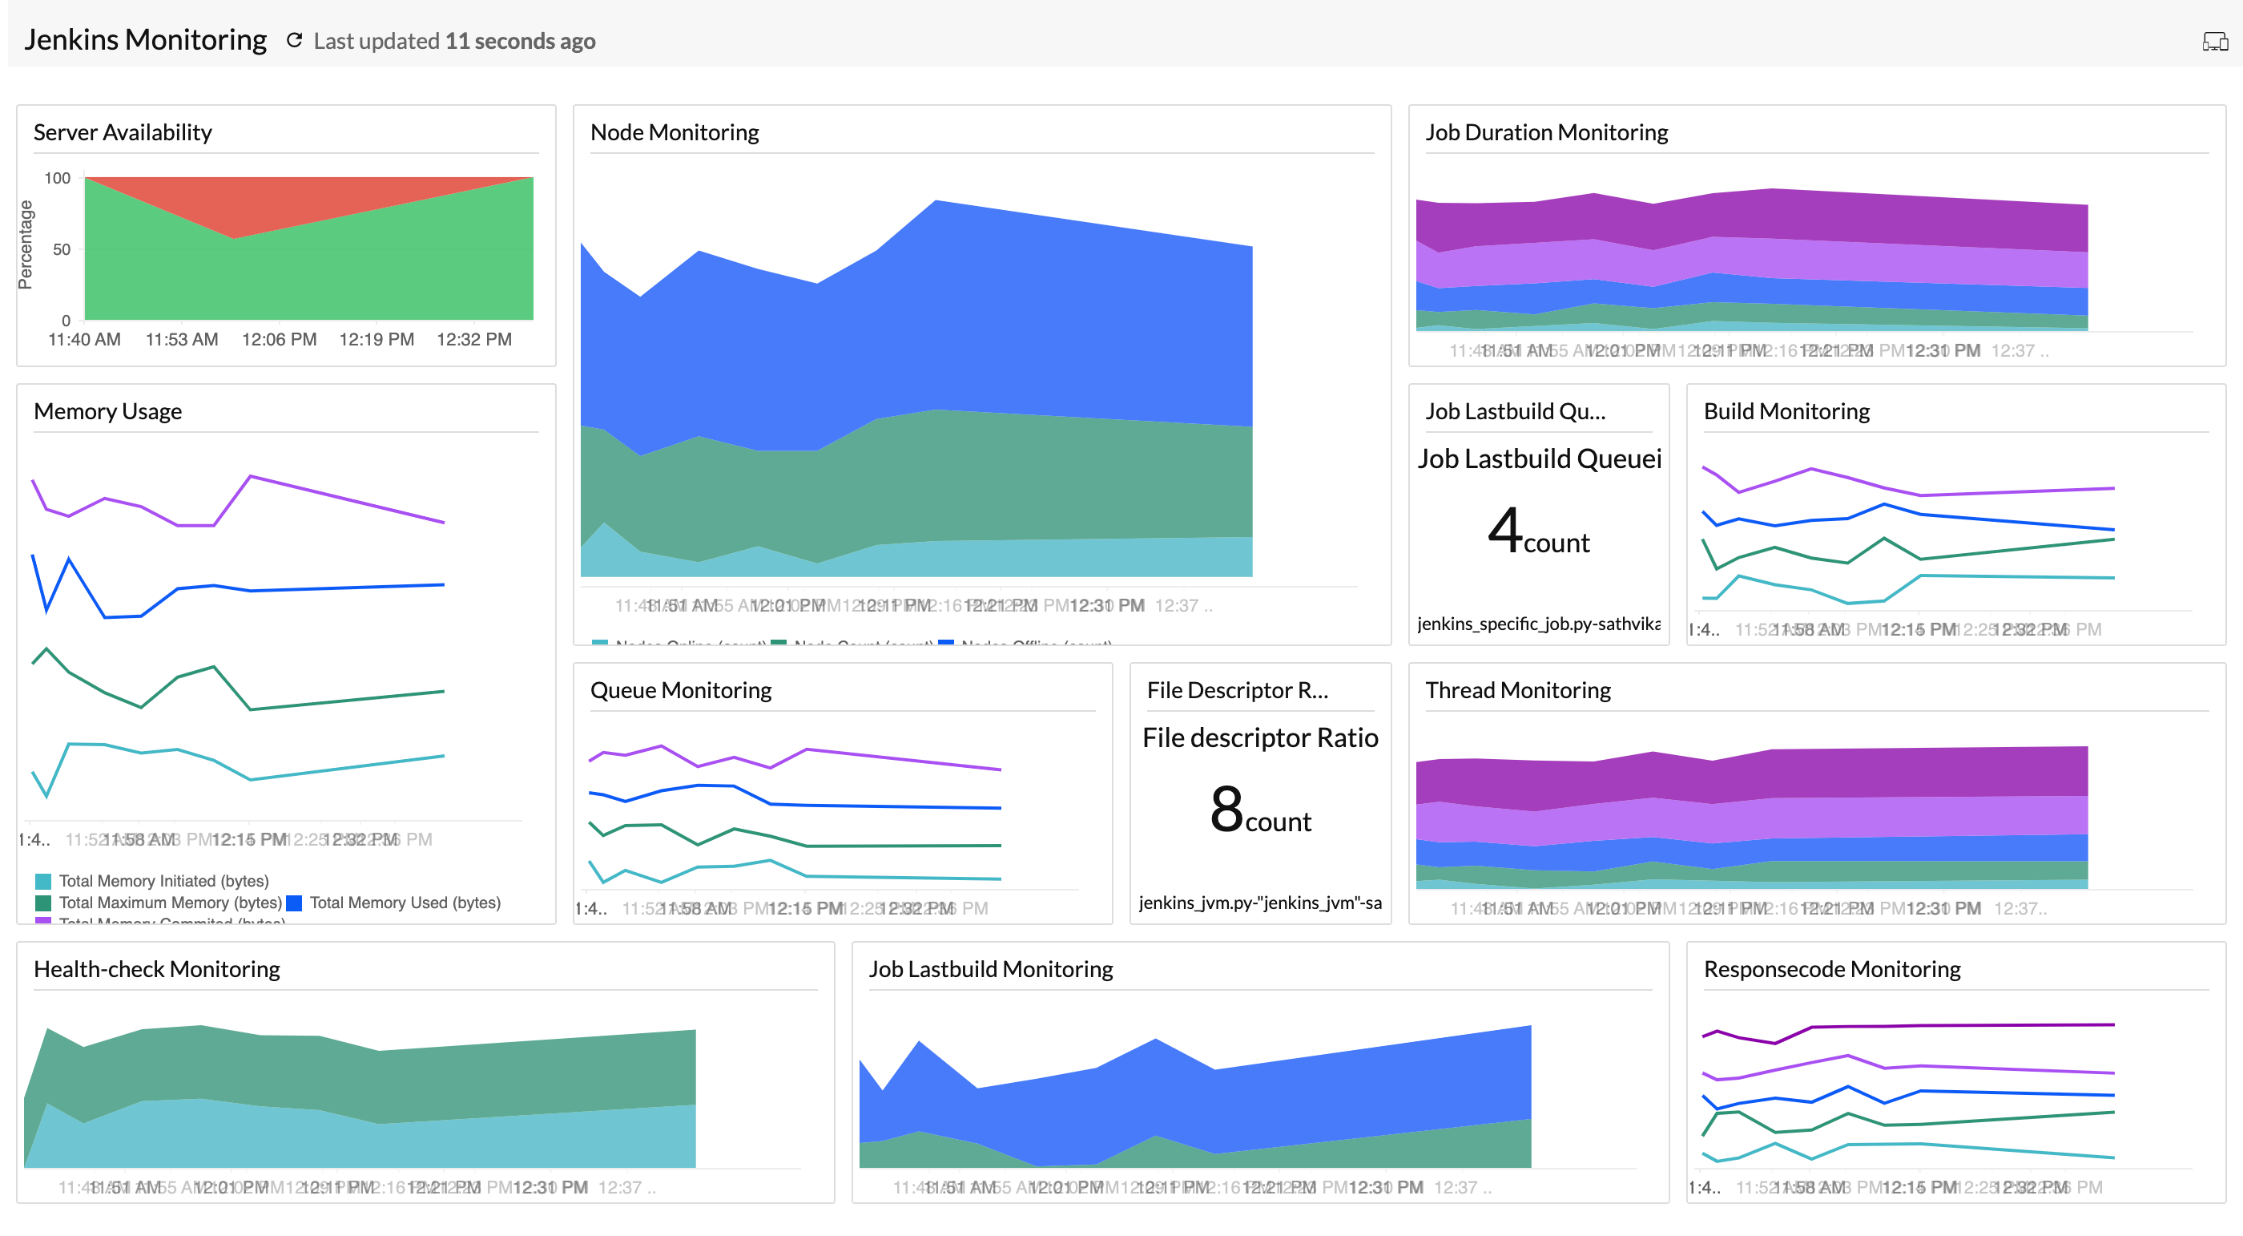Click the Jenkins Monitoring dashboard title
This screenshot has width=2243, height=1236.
[x=146, y=40]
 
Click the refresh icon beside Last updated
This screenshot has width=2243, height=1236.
[x=294, y=40]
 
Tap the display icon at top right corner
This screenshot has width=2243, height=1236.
[x=2214, y=41]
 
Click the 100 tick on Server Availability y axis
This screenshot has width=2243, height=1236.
[x=58, y=178]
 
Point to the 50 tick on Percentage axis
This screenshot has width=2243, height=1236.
[x=61, y=249]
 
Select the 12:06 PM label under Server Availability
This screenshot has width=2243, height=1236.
[x=279, y=340]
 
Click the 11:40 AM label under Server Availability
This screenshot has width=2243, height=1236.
[x=84, y=340]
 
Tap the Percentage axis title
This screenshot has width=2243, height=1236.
[x=26, y=244]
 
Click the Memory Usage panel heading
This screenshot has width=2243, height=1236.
[x=108, y=411]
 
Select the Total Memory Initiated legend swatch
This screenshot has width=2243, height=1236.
[x=43, y=882]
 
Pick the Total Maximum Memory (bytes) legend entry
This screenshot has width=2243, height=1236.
[x=170, y=903]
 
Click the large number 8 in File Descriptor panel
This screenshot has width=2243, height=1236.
[x=1226, y=808]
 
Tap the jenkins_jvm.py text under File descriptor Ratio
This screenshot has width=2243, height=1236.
[x=1260, y=903]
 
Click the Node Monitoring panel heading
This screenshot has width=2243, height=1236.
[x=675, y=132]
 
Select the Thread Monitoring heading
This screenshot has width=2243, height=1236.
[x=1518, y=691]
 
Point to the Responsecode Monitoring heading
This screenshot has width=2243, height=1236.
[x=1832, y=969]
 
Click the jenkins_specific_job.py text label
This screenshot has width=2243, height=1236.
[x=1539, y=624]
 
